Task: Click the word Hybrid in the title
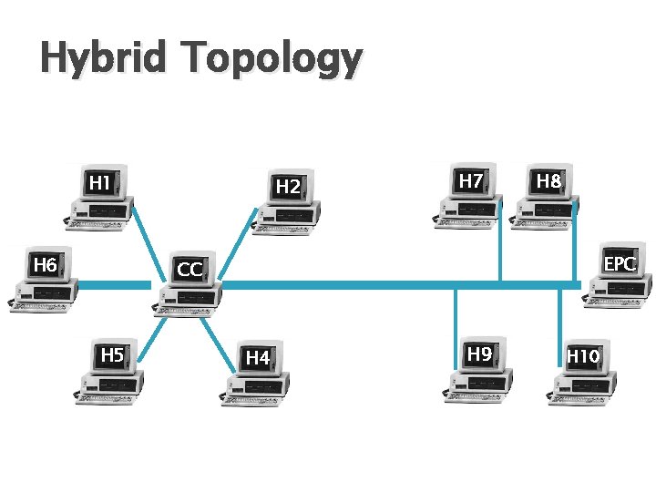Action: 103,59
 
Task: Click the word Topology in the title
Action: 271,61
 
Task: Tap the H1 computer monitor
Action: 99,184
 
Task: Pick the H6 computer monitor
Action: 46,266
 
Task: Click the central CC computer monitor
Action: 190,270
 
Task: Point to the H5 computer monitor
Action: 112,355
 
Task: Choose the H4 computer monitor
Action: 258,359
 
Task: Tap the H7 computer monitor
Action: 471,182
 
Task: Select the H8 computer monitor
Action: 548,182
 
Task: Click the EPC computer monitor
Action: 620,264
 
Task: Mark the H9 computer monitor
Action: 480,354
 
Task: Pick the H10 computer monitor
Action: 583,356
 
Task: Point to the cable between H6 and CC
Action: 114,285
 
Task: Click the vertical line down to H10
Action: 559,314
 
